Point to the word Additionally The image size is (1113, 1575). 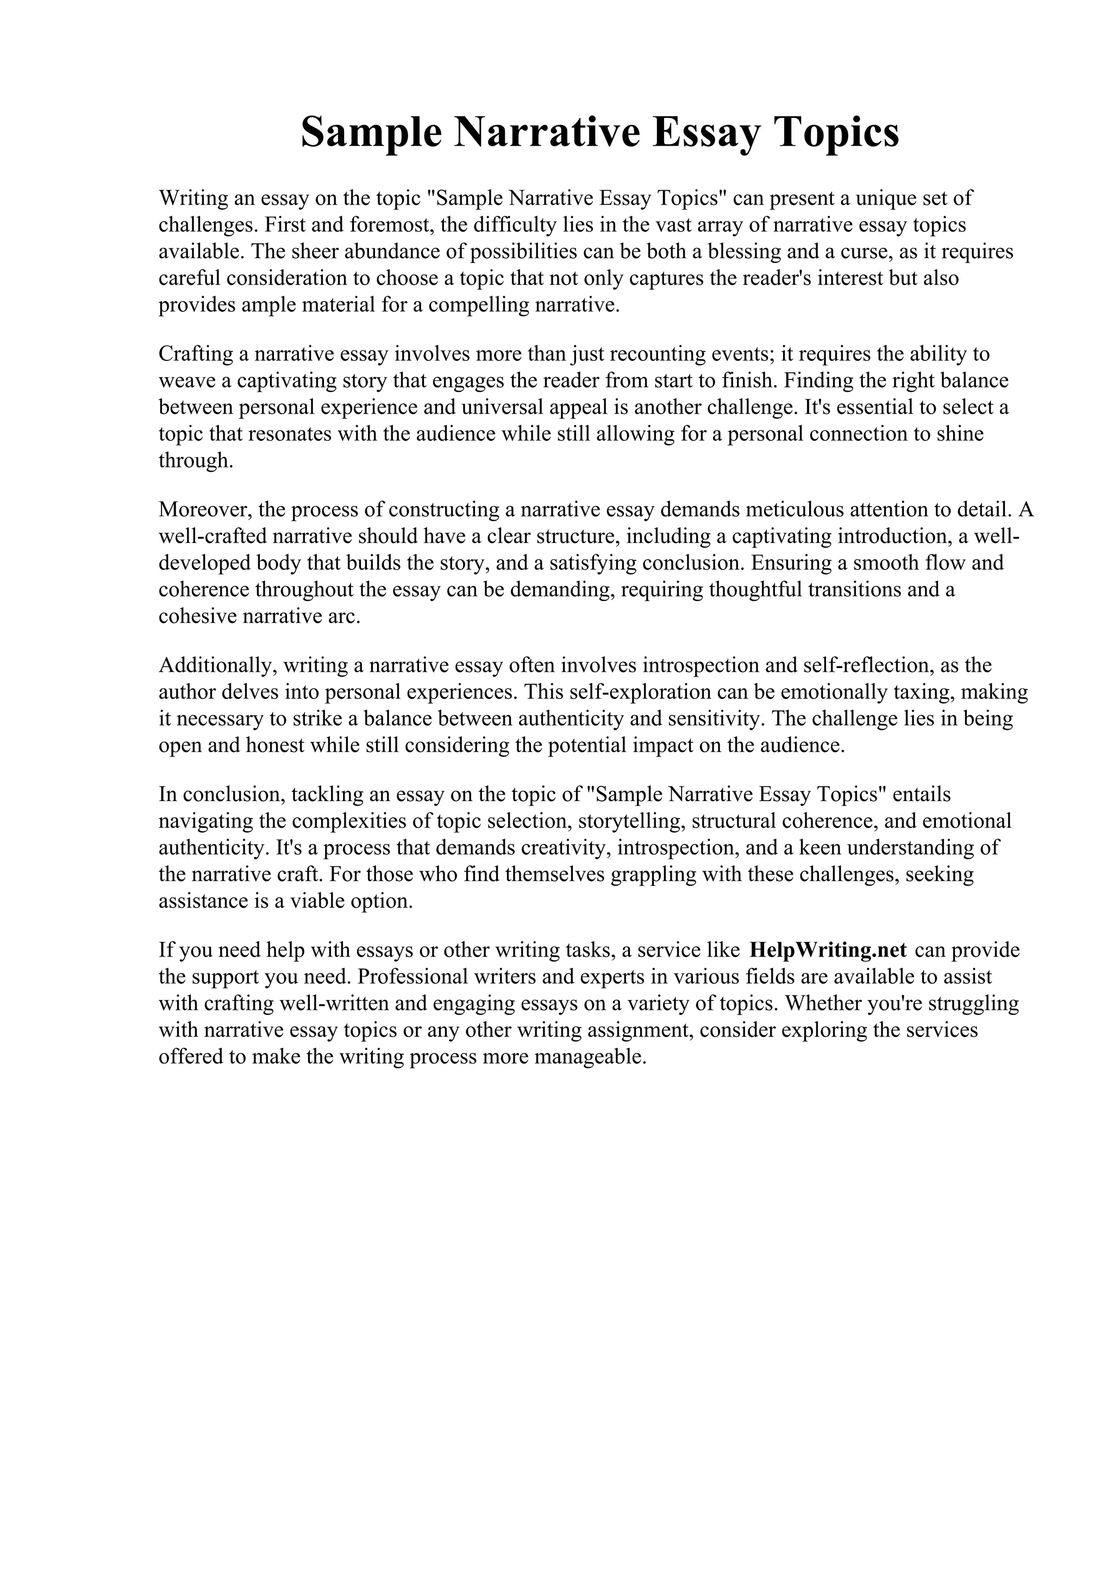(217, 665)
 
